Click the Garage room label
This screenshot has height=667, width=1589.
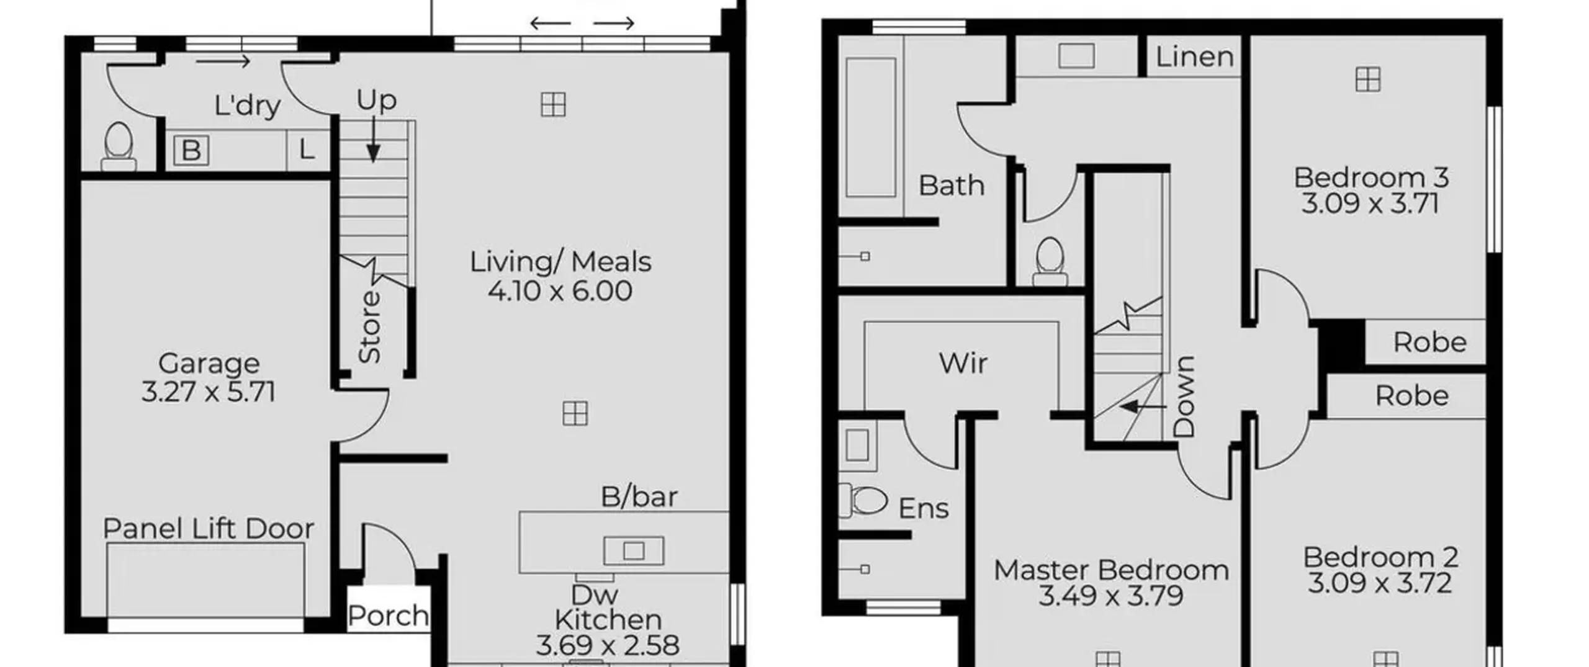coord(209,364)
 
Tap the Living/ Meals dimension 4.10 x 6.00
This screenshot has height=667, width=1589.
coord(560,291)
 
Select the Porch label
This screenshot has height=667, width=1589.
coord(388,616)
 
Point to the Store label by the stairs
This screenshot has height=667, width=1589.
coord(369,327)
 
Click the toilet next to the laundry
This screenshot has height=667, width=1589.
coord(118,146)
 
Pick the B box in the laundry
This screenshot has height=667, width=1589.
coord(191,150)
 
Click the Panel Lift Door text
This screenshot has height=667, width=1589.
coord(209,529)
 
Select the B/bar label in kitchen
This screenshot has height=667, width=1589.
coord(639,496)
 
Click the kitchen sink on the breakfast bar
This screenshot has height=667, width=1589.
coord(634,550)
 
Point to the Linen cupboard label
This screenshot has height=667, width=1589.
coord(1195,57)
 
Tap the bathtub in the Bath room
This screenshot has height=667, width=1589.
coord(870,127)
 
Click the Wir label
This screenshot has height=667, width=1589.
coord(963,363)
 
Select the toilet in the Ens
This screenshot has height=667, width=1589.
coord(863,501)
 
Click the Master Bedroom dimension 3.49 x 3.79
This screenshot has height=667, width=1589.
coord(1111,596)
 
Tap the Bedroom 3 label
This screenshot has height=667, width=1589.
coord(1371,177)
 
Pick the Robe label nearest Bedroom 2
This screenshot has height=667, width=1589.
coord(1412,396)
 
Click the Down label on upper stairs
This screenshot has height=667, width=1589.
coord(1184,396)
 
